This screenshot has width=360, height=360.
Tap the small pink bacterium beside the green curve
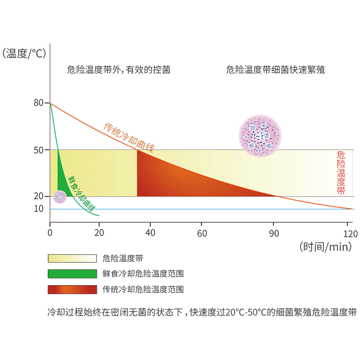pos(60,197)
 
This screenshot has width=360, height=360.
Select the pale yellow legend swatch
pos(72,259)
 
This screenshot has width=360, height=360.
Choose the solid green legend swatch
pos(72,274)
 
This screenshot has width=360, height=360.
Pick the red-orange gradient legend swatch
pos(72,289)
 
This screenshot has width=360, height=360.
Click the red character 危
pos(341,155)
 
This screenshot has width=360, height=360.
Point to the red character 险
pos(341,164)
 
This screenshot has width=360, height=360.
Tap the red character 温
pos(341,173)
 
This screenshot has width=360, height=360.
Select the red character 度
pos(341,182)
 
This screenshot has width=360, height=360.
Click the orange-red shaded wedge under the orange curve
pos(177,177)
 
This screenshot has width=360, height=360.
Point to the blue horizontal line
pos(211,209)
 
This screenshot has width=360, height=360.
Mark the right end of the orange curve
pos(352,208)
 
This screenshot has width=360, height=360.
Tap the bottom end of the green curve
pos(98,215)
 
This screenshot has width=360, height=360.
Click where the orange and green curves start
pos(51,104)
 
